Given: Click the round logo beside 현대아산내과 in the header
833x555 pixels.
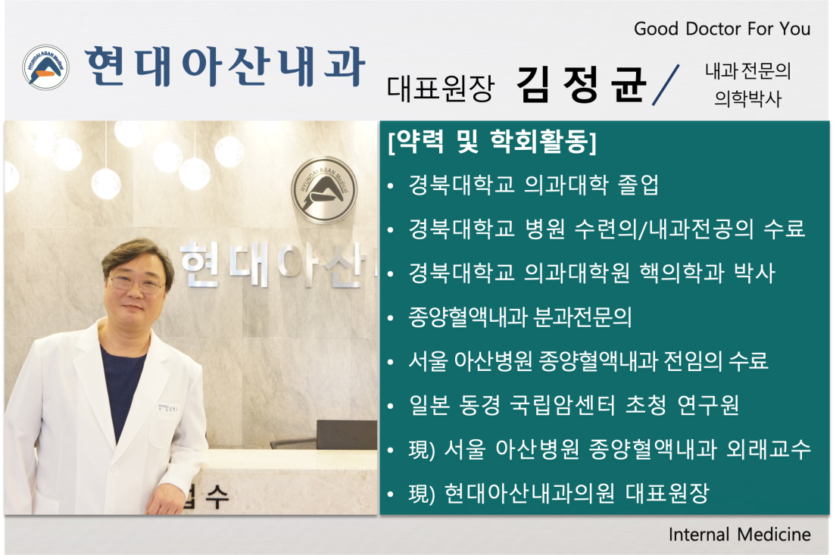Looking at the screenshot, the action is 45,67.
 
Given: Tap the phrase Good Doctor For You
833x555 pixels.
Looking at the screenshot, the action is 722,29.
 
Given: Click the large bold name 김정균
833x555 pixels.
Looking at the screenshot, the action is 581,84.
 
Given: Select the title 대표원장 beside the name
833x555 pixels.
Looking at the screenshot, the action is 441,88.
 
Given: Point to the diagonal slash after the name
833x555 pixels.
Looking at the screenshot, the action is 666,85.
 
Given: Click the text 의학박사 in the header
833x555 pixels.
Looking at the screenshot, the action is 748,98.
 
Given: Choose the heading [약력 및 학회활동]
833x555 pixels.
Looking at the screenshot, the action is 492,142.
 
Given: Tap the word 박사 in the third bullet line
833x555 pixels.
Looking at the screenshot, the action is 754,273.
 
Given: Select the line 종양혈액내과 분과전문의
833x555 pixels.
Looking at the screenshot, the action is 519,317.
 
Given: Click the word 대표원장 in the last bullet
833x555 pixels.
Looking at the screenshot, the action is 667,494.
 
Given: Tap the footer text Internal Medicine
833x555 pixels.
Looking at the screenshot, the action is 740,535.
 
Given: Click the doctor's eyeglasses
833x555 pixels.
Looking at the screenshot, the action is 137,284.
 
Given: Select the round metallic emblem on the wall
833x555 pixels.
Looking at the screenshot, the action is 323,189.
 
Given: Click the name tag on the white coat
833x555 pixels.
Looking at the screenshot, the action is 168,409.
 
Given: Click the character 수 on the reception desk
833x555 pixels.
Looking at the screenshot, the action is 217,497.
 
